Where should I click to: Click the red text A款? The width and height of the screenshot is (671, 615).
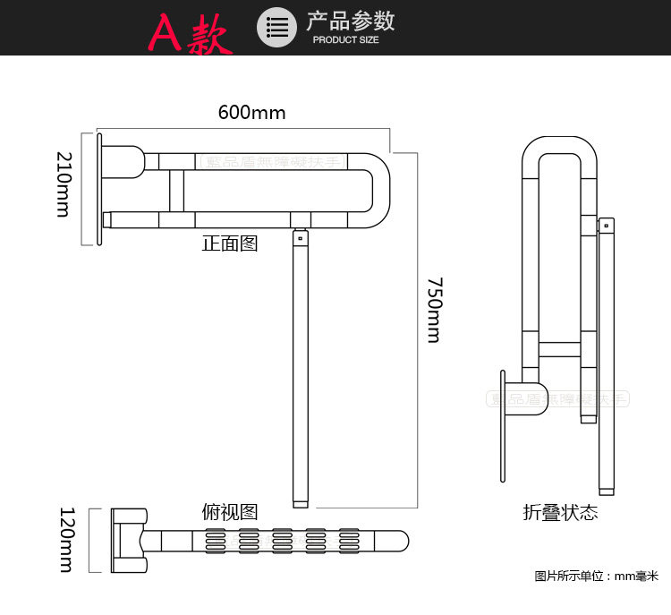pos(191,33)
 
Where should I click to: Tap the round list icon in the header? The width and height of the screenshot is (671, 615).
pos(276,27)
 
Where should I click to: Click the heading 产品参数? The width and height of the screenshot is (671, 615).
pos(350,21)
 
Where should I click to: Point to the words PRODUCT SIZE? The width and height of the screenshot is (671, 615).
pos(345,40)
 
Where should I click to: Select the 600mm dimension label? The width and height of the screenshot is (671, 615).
pos(251,113)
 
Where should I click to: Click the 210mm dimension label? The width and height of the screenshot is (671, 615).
pos(64,184)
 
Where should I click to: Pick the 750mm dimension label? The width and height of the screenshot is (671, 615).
pos(433,310)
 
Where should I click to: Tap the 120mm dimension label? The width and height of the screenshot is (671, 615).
pos(65,539)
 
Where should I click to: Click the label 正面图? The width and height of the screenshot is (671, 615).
pos(230,243)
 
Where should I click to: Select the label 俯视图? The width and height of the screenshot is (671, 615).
pos(230,512)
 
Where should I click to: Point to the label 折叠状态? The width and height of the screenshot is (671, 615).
pos(560,513)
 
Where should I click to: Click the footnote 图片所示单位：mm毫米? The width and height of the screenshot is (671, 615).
pos(596,576)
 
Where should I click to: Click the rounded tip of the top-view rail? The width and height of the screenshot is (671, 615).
pos(405,541)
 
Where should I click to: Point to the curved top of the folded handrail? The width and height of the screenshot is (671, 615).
pos(559,146)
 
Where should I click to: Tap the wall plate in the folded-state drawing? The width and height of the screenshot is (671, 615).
pos(504,425)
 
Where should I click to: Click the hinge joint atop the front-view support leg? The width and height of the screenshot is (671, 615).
pos(299,237)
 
